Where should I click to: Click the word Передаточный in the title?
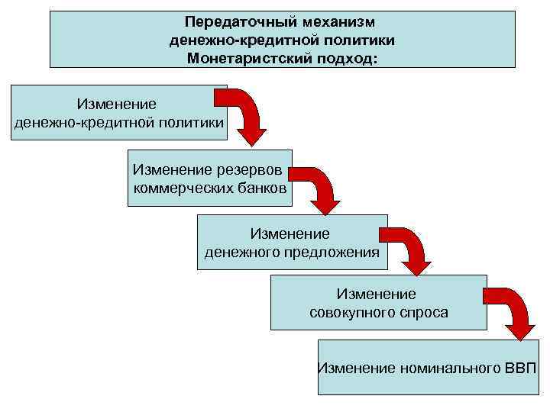click(x=228, y=24)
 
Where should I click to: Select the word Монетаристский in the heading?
click(x=244, y=57)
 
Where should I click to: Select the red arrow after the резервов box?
click(x=316, y=188)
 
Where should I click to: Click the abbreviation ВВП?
click(x=520, y=368)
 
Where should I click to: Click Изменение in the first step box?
click(x=116, y=104)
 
